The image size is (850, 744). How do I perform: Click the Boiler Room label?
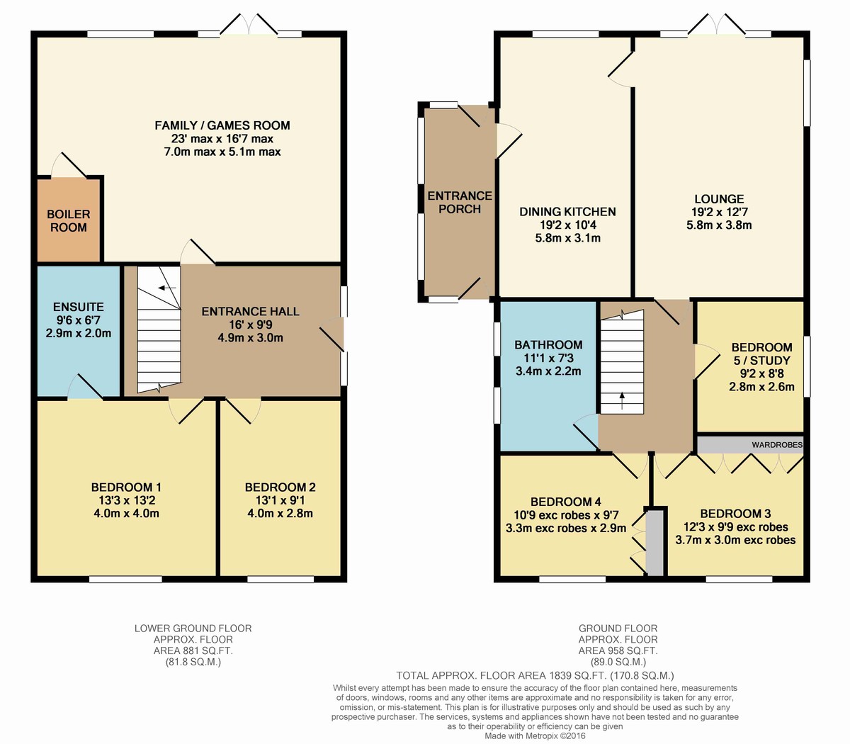click(x=69, y=220)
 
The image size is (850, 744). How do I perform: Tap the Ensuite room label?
click(x=79, y=307)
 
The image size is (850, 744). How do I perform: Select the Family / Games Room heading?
click(x=222, y=125)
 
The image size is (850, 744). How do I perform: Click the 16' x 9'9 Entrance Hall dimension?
click(x=251, y=325)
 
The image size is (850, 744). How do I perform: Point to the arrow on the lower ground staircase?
click(x=170, y=288)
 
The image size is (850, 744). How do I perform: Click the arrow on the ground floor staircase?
click(x=622, y=400)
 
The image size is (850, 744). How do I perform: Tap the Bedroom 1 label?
click(x=126, y=487)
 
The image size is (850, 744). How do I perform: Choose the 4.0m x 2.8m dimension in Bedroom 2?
click(x=280, y=513)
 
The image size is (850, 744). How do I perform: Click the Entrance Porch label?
click(x=460, y=202)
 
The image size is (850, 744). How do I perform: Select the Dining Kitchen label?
click(x=567, y=212)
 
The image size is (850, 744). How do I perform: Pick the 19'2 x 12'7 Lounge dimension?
click(x=719, y=212)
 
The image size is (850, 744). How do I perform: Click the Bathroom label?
click(x=548, y=344)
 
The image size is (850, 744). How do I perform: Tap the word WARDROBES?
click(x=777, y=445)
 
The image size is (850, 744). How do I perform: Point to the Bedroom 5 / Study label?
click(x=761, y=354)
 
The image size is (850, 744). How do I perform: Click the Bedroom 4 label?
click(x=566, y=502)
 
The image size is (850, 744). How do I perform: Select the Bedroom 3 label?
click(x=735, y=514)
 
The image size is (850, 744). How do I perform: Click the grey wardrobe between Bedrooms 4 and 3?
click(x=655, y=543)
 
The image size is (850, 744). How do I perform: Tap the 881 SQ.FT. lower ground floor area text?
click(x=193, y=650)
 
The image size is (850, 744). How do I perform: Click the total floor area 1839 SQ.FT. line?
click(x=535, y=675)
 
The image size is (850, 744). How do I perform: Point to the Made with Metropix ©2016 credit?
click(x=535, y=735)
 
